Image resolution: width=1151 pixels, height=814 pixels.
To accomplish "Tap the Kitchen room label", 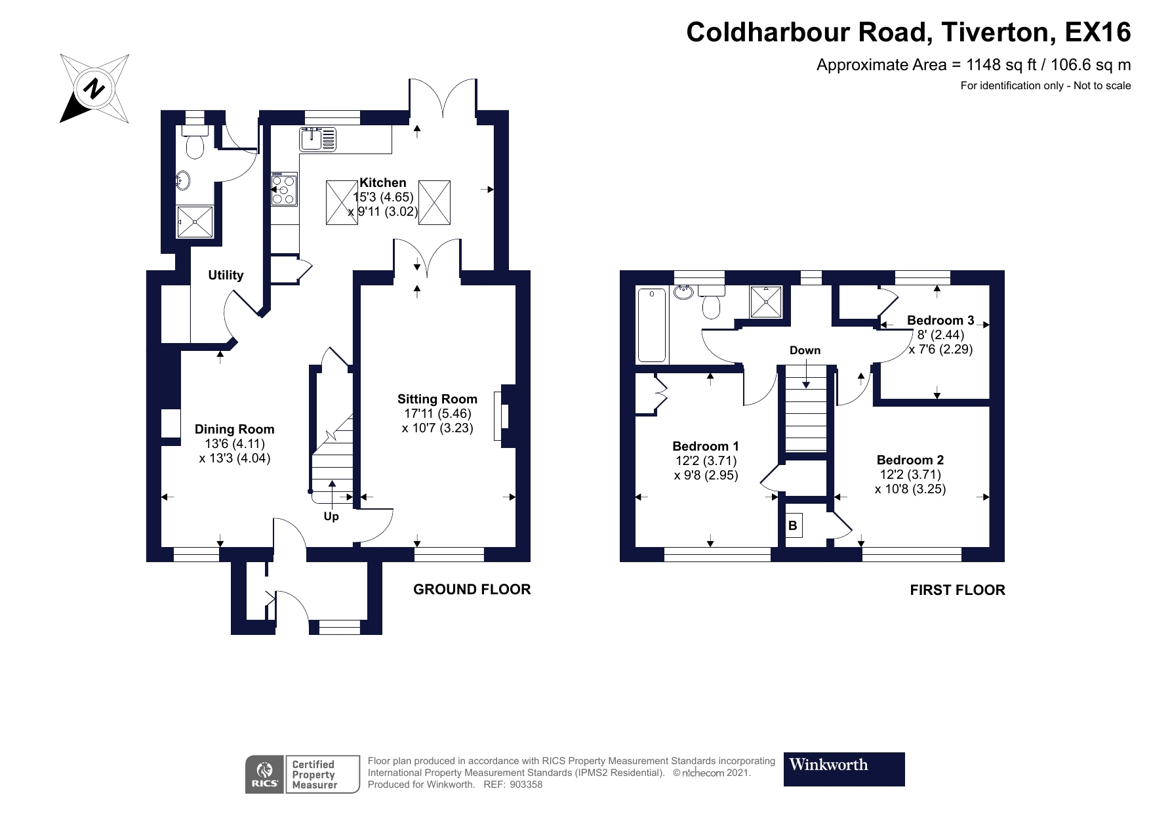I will click(382, 182).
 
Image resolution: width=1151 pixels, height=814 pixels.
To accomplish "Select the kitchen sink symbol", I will click(318, 139).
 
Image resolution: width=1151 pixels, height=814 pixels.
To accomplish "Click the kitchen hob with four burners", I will click(285, 189).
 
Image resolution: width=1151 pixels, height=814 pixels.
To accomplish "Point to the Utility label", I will click(226, 275).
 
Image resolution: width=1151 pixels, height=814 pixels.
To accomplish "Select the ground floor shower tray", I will click(195, 222).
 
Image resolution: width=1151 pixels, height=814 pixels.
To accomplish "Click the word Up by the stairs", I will click(331, 516).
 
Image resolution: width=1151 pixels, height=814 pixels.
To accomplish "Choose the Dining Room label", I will click(234, 429).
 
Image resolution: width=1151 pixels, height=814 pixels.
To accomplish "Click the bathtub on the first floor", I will click(652, 325).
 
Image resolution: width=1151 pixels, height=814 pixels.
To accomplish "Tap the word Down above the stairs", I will click(805, 350).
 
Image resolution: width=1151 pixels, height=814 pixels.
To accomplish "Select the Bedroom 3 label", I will click(940, 320).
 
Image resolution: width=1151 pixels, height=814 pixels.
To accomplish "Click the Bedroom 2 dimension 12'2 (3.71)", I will click(910, 474).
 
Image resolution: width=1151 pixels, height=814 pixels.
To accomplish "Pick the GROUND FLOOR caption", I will click(472, 589).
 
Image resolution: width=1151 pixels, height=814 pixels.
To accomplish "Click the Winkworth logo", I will click(844, 769).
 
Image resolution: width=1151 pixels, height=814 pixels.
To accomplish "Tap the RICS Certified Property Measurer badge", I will click(302, 774).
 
